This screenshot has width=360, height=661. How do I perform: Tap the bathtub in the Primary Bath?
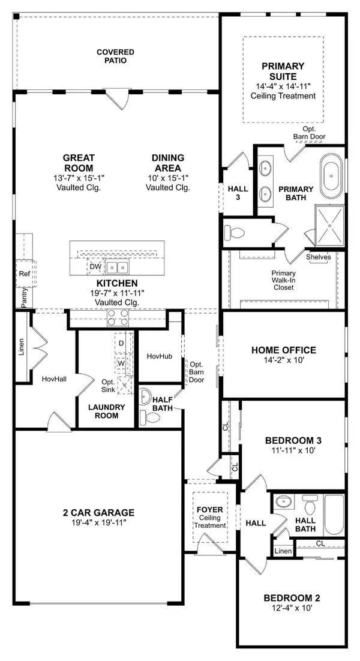(x=334, y=178)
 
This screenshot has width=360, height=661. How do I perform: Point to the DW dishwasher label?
(x=95, y=266)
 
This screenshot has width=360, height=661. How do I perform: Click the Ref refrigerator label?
(x=24, y=274)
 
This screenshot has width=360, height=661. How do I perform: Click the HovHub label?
(x=160, y=356)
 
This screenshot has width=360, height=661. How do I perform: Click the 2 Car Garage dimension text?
(x=98, y=524)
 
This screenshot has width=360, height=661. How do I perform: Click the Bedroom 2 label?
(x=292, y=597)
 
